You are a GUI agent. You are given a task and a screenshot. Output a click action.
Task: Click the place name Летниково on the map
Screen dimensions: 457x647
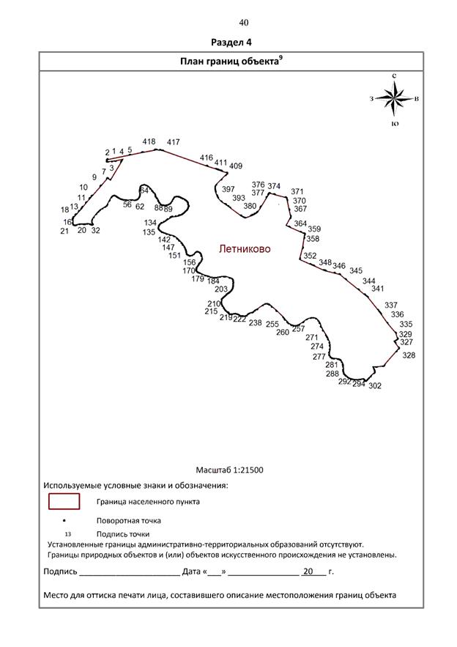[x=245, y=249]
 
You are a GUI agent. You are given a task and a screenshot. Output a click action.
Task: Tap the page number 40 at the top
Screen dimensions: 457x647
[x=244, y=23]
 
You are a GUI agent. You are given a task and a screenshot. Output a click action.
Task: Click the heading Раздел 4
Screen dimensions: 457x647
[x=231, y=42]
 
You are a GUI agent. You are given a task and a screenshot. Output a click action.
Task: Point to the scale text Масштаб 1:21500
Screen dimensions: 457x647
[x=229, y=470]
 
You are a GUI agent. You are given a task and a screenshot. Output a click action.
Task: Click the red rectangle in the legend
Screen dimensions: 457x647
[x=64, y=501]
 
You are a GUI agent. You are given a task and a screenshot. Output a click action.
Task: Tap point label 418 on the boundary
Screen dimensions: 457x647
[x=149, y=141]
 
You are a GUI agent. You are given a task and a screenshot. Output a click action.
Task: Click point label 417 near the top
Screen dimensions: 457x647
[x=174, y=142]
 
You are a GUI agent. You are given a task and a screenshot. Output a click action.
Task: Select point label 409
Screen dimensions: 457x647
[x=236, y=166]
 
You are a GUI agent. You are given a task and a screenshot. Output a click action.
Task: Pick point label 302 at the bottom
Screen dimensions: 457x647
[x=375, y=386]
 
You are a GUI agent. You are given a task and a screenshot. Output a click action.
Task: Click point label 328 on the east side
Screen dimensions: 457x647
[x=409, y=355]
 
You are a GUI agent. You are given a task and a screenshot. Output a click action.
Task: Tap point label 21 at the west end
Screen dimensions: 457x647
[x=64, y=231]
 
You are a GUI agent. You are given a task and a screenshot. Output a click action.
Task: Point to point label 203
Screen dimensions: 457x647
[x=221, y=289]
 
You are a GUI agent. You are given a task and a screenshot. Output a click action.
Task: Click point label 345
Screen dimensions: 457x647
[x=356, y=270]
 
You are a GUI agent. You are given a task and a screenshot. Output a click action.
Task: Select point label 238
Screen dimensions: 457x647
[x=256, y=322]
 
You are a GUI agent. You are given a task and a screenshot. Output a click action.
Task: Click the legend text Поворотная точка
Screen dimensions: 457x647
[x=129, y=521]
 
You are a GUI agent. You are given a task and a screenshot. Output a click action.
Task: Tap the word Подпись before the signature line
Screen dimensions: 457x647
[x=60, y=572]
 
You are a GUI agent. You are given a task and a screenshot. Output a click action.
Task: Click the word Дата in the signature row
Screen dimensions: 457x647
[x=191, y=572]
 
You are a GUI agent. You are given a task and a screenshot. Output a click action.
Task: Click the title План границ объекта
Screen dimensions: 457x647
[x=229, y=62]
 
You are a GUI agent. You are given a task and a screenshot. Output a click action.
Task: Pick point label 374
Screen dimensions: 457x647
[x=274, y=186]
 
